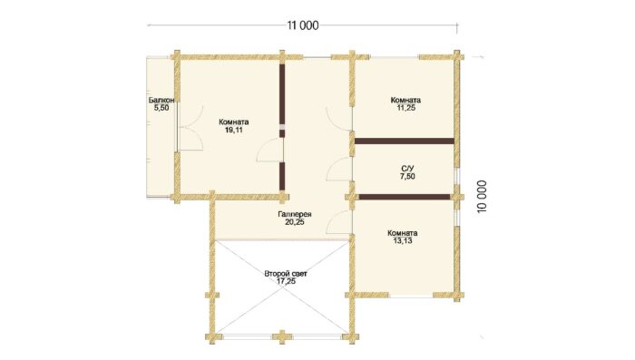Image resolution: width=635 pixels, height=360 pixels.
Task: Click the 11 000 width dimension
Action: point(302,25)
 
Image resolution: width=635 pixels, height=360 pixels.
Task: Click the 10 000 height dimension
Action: point(482,197)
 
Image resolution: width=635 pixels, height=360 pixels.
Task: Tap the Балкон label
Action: point(161,100)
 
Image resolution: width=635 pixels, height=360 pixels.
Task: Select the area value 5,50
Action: point(161,108)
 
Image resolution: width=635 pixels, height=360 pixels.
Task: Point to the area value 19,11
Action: point(234,130)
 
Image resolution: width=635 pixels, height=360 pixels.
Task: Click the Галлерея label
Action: point(295,214)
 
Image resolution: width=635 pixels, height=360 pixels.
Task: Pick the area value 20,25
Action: point(295,222)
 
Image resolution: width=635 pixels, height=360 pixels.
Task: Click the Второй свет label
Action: point(286,274)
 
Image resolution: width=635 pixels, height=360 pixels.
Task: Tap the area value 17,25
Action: point(286,281)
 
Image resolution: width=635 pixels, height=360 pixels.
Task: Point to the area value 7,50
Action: point(407,176)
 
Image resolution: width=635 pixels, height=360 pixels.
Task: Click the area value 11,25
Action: point(405,108)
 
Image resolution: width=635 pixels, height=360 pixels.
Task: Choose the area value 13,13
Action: point(403,241)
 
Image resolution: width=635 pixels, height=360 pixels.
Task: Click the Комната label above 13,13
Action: point(403,233)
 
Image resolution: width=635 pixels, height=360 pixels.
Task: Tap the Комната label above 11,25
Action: point(405,100)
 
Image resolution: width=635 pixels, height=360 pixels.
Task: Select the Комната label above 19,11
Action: point(234,122)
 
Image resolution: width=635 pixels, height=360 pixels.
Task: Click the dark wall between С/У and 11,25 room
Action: point(405,141)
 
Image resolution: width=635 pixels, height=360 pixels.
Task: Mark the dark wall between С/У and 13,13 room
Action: point(405,197)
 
